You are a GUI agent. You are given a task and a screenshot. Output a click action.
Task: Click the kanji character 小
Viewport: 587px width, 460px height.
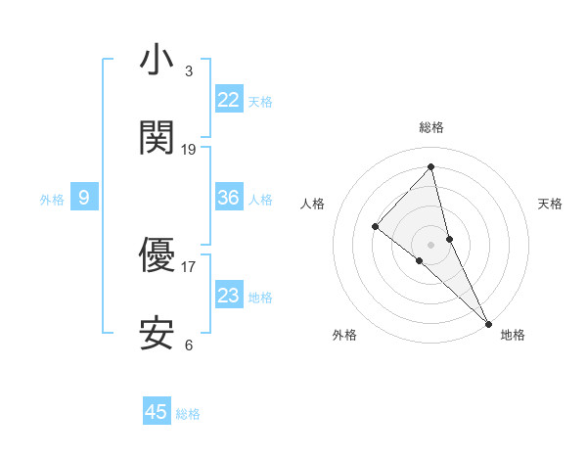point(157,61)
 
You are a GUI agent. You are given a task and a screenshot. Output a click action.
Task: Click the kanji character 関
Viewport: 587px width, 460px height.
point(157,139)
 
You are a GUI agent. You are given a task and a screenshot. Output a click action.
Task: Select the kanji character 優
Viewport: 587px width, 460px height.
point(157,256)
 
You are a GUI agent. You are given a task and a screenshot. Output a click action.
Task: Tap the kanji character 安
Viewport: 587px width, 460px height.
point(157,335)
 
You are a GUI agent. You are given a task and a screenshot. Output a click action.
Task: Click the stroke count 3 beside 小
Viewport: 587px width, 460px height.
point(188,70)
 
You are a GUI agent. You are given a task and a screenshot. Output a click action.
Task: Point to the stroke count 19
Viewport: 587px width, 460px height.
point(189,149)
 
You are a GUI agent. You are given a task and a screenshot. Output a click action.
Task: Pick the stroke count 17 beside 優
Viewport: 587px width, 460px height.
point(189,266)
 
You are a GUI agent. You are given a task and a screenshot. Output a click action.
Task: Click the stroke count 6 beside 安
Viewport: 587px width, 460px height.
point(188,345)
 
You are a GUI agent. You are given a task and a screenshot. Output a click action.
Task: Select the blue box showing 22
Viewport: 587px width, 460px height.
point(229,100)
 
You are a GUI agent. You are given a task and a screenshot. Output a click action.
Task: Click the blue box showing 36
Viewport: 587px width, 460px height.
point(229,198)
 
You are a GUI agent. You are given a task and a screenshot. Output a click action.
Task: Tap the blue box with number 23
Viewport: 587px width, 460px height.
point(229,296)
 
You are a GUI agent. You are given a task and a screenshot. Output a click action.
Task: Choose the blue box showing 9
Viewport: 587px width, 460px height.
point(84,198)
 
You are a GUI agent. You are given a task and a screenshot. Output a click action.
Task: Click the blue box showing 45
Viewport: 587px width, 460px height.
point(157,412)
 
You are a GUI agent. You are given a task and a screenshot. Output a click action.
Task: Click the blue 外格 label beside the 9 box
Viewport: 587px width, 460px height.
point(52,199)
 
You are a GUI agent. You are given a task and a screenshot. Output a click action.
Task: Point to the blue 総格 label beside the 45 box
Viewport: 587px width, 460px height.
point(188,414)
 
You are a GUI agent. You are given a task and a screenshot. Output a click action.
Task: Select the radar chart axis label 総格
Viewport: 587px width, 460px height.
point(431,127)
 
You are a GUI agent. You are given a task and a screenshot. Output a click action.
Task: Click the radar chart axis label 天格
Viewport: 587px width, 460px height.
point(550,204)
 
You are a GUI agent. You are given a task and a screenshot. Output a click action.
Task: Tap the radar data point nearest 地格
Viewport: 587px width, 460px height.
point(488,322)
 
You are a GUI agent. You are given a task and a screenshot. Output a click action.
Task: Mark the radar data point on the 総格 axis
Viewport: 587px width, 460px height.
point(431,166)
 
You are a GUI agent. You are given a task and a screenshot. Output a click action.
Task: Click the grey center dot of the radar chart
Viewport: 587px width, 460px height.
point(431,244)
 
